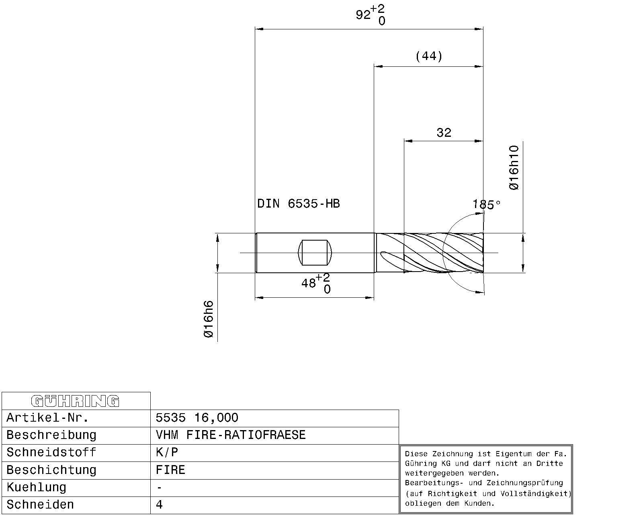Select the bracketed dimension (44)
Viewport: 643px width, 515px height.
point(429,56)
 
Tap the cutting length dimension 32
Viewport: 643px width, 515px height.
point(444,132)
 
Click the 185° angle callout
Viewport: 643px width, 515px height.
point(486,205)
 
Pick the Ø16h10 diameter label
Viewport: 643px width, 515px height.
point(514,168)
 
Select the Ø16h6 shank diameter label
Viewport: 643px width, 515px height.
point(209,319)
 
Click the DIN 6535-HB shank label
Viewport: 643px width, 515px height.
point(299,204)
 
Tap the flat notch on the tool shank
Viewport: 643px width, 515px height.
point(315,252)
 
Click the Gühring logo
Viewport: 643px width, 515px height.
point(75,401)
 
